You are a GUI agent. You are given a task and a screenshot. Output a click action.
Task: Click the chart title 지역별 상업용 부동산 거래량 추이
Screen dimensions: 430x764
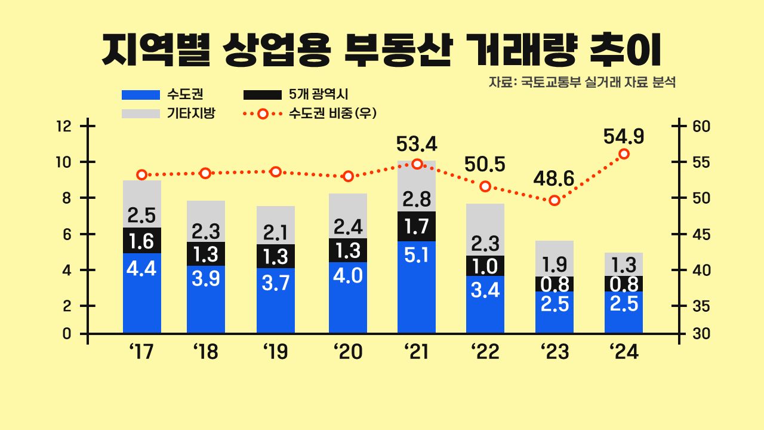(382, 50)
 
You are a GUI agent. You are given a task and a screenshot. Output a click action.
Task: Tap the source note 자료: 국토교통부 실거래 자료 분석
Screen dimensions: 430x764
(582, 82)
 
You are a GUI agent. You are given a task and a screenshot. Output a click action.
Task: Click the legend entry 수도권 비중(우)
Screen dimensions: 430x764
(310, 113)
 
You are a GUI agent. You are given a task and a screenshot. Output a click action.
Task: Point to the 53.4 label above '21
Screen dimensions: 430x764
(417, 144)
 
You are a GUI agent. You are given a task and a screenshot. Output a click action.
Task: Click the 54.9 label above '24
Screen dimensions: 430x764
(624, 137)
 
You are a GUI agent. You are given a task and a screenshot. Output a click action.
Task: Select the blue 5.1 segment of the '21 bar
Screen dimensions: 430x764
(417, 287)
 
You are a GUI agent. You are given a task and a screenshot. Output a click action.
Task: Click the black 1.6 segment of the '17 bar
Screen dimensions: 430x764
(142, 240)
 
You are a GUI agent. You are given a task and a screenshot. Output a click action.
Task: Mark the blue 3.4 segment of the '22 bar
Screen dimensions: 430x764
(485, 304)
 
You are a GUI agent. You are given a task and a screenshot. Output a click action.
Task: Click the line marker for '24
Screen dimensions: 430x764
(624, 154)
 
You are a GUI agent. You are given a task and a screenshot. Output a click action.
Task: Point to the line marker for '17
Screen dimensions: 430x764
(142, 175)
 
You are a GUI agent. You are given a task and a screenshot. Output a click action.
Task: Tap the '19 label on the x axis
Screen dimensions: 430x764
(276, 352)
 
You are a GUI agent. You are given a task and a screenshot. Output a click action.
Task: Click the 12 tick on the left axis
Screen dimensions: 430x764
(64, 127)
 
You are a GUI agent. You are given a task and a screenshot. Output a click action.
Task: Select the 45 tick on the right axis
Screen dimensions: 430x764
(699, 234)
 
